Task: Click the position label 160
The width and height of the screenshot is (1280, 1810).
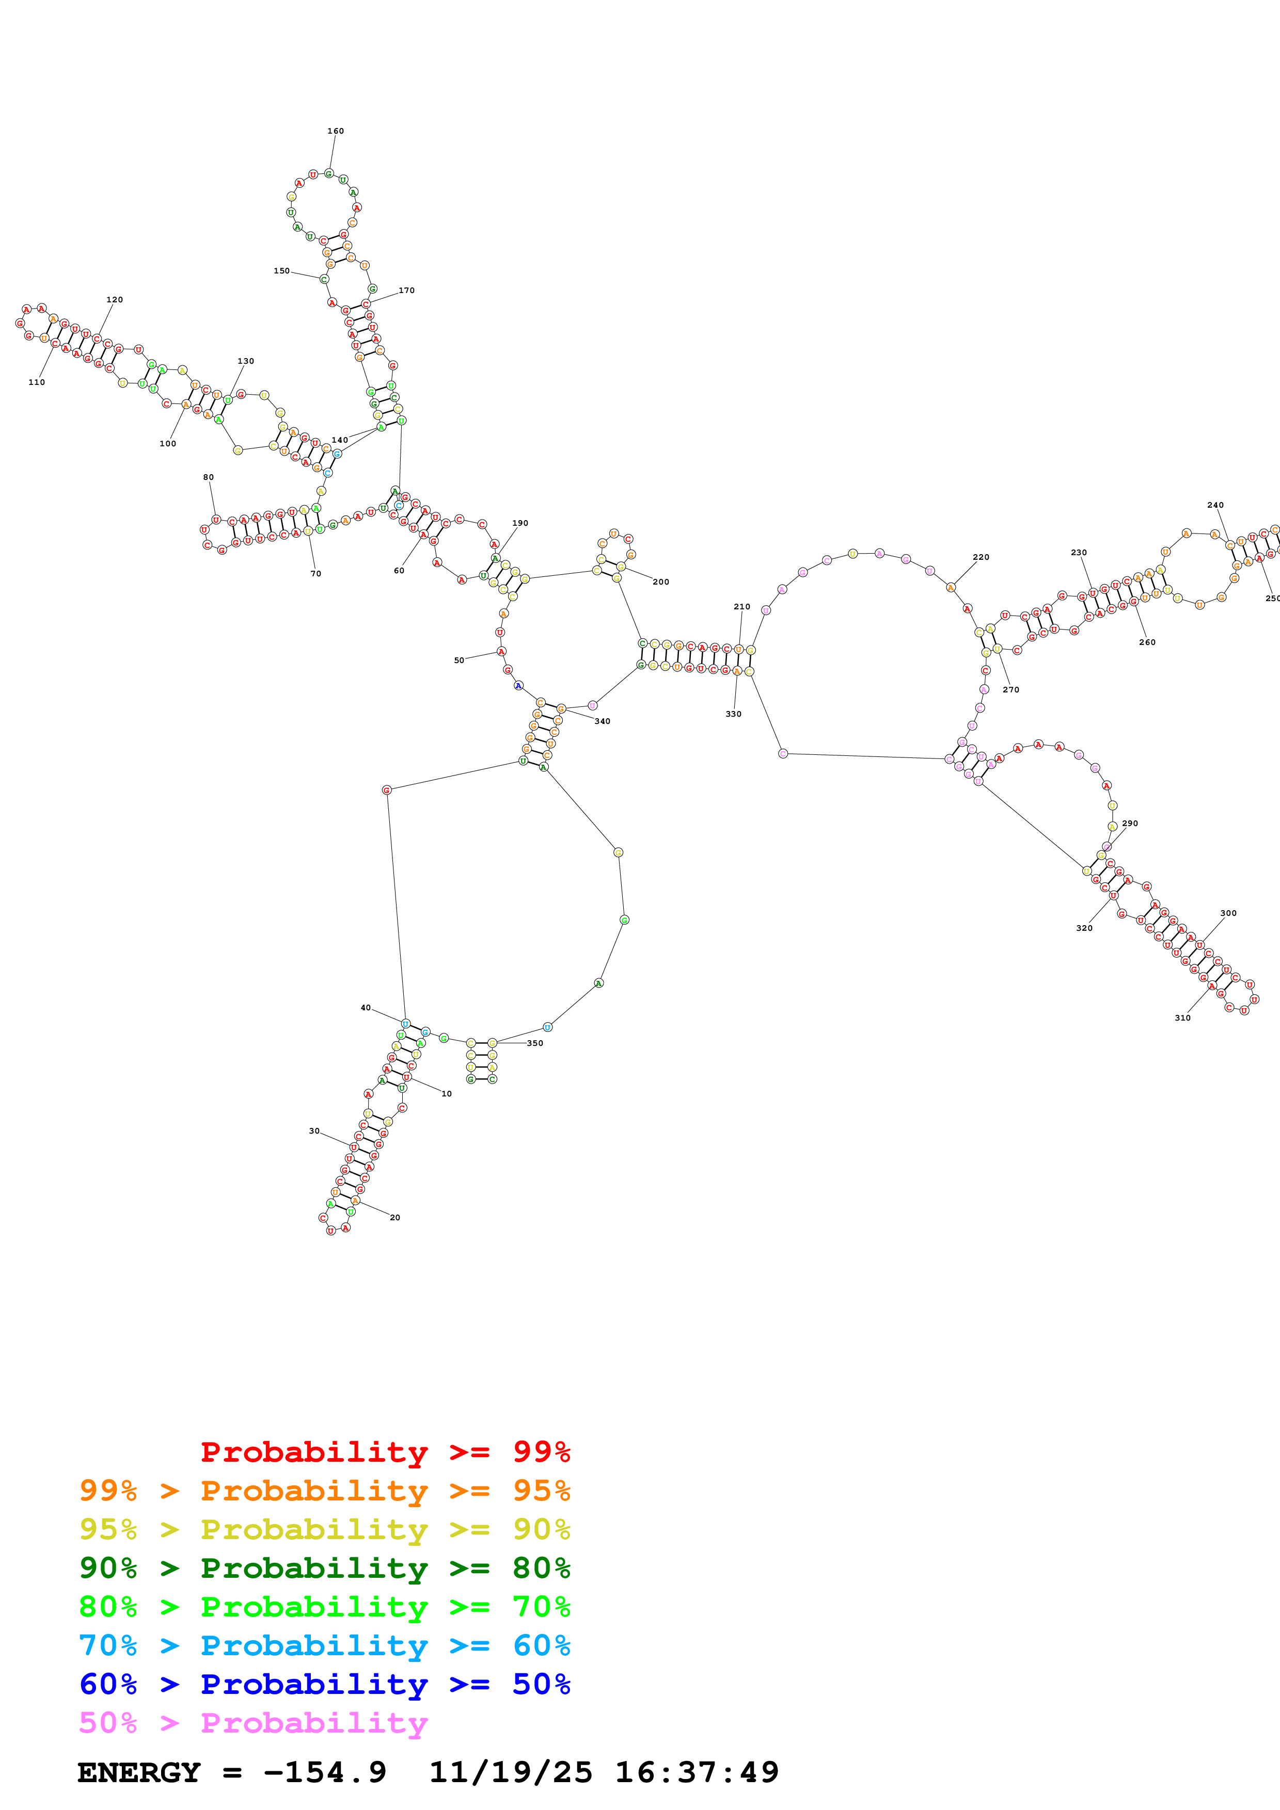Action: pos(335,131)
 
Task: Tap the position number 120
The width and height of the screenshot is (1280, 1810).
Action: pos(114,300)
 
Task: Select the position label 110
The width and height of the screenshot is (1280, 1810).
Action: pos(36,382)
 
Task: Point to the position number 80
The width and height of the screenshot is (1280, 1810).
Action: pos(208,477)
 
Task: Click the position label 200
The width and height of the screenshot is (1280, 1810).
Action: pos(661,582)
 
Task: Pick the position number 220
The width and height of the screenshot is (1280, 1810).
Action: pos(981,557)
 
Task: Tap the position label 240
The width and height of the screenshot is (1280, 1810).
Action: pos(1215,505)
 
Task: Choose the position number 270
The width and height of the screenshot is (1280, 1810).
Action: pos(1010,690)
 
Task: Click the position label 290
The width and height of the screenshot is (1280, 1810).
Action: pos(1129,823)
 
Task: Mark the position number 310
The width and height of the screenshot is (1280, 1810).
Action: pos(1182,1017)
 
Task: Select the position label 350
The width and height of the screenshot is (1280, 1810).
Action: pos(535,1043)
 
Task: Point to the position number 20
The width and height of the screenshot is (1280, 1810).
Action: pos(395,1217)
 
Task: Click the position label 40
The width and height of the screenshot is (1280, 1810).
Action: pos(365,1008)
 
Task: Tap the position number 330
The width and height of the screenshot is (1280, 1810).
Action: pos(733,714)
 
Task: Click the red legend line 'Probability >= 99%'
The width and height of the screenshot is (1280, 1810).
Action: pos(385,1451)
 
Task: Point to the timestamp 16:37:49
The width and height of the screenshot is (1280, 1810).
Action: pos(697,1772)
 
